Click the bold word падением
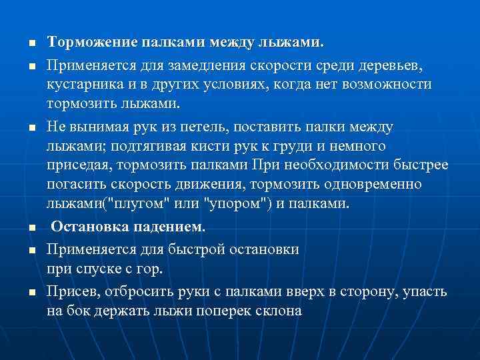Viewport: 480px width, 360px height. (x=170, y=227)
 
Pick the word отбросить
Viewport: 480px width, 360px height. (x=133, y=292)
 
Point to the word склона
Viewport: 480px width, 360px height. (x=273, y=311)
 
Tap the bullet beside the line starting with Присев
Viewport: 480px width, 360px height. (x=31, y=293)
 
